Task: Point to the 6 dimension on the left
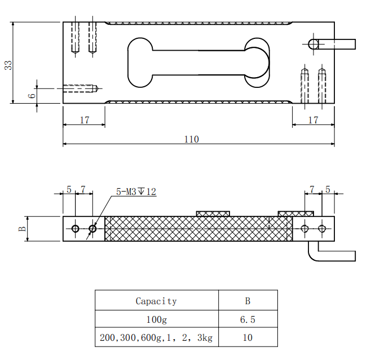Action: tap(32, 95)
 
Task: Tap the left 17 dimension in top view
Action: tap(84, 120)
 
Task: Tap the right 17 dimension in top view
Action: tap(313, 120)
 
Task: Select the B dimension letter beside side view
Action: tap(23, 229)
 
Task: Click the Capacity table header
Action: tap(156, 301)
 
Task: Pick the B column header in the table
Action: tap(248, 301)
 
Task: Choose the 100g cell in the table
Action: tap(156, 319)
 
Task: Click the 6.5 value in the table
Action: tap(248, 319)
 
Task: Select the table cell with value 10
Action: tap(248, 338)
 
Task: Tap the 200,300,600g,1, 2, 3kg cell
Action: tap(156, 338)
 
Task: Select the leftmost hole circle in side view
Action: tap(75, 228)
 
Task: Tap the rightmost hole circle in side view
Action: tap(322, 228)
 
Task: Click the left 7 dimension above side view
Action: tap(83, 189)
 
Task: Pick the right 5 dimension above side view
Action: tap(328, 189)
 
